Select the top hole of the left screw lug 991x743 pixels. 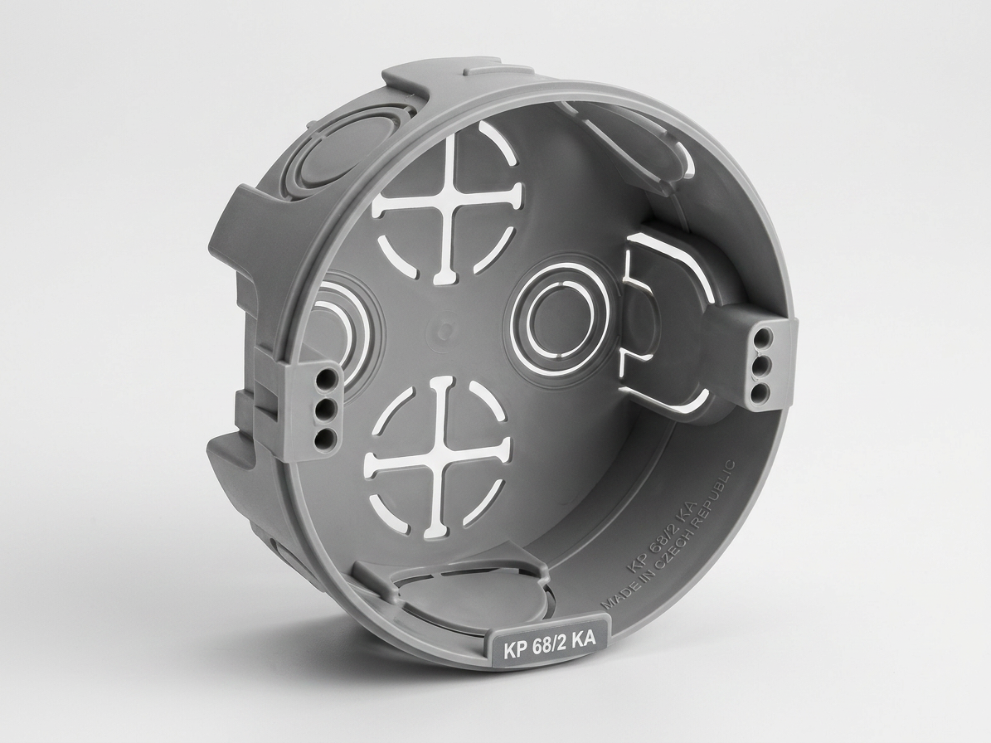(x=328, y=381)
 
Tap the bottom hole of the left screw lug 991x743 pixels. (x=325, y=435)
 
